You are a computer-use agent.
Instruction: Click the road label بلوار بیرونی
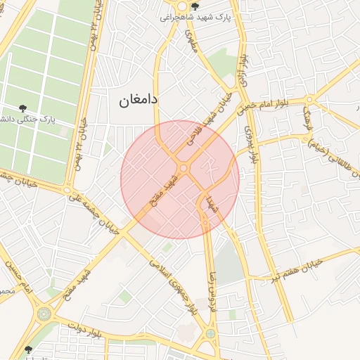click(250, 145)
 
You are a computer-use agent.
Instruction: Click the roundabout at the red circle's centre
click(184, 168)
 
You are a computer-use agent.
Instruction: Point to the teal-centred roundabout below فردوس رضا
click(210, 333)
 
